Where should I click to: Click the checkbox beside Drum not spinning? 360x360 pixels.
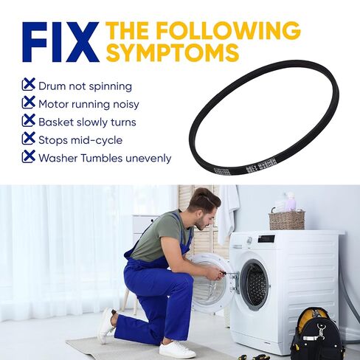29,85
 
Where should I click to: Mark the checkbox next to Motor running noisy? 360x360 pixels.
29,103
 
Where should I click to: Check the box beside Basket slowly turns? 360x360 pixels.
29,120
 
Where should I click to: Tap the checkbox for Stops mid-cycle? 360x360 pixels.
29,138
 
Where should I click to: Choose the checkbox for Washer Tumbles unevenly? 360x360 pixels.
29,156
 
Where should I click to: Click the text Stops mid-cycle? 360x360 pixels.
80,139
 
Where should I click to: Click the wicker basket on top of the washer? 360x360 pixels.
287,219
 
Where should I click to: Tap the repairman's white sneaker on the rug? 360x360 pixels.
176,349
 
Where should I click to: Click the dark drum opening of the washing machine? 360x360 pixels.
255,284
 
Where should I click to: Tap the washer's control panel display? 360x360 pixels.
266,239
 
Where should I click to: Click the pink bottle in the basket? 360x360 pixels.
291,201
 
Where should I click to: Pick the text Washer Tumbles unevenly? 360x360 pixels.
105,157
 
